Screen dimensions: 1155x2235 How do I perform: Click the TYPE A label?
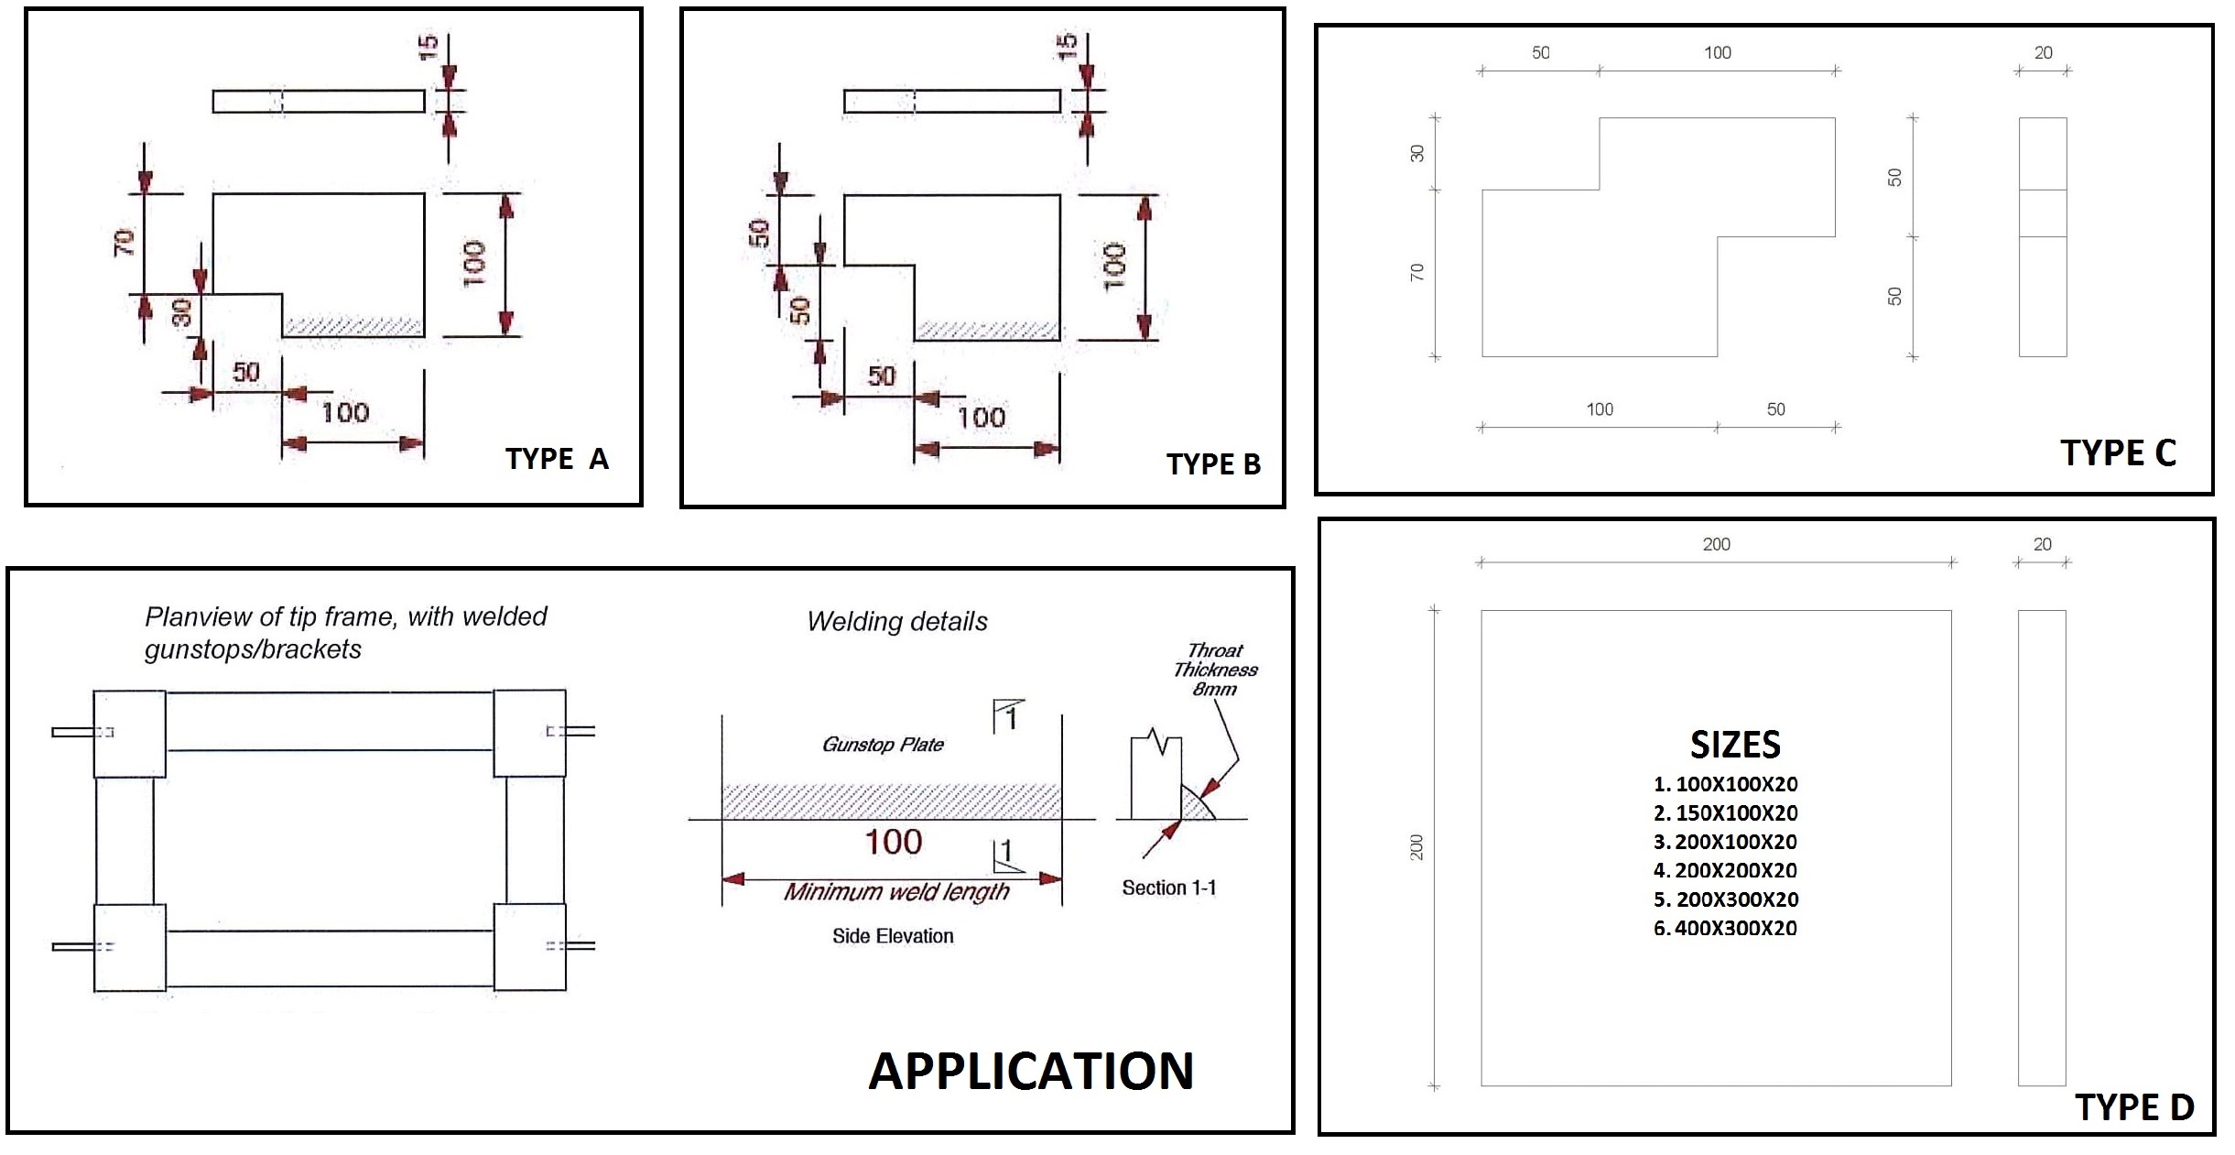click(x=557, y=459)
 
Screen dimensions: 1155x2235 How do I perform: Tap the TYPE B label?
click(x=1213, y=464)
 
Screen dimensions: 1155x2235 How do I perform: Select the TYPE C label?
click(x=2118, y=453)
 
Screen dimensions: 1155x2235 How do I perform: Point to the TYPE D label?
click(x=2134, y=1107)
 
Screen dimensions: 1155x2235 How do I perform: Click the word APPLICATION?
click(x=1031, y=1071)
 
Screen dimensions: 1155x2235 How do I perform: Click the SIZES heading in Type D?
click(x=1735, y=745)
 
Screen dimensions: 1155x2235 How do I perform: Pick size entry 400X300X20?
click(x=1726, y=928)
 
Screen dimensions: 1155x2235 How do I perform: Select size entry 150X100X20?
click(x=1726, y=812)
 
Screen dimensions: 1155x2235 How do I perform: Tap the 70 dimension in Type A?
click(x=125, y=242)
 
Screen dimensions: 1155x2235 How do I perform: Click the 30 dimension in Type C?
click(x=1417, y=154)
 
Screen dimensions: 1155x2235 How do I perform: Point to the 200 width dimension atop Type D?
click(x=1716, y=544)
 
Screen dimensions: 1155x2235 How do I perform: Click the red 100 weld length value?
click(x=893, y=842)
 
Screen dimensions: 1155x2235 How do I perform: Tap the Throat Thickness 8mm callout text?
click(x=1215, y=670)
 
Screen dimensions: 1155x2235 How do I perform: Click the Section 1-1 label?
click(x=1168, y=888)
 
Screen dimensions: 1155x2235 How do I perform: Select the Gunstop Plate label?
click(x=883, y=745)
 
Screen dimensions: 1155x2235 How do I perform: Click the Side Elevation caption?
click(x=893, y=936)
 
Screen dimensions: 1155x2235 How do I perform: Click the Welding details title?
click(x=897, y=622)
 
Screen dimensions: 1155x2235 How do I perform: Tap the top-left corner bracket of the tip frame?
click(x=130, y=734)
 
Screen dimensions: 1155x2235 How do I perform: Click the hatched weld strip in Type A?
click(x=353, y=327)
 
